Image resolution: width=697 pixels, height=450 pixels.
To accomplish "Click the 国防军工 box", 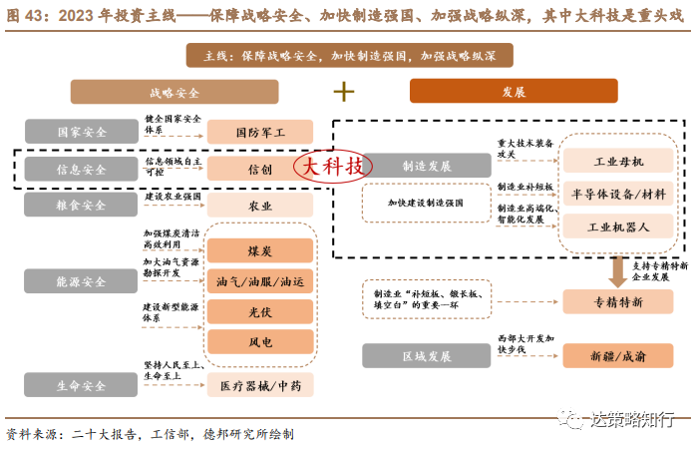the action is [x=259, y=132].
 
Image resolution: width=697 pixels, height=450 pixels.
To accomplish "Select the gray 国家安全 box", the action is [x=83, y=132].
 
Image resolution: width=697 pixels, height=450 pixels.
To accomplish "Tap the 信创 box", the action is [x=259, y=169].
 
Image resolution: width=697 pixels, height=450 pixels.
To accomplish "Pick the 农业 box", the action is [x=259, y=206].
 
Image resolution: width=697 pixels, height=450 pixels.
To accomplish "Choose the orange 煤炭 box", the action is [x=260, y=250].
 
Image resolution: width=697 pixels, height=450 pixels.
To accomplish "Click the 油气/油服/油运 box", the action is [x=260, y=282].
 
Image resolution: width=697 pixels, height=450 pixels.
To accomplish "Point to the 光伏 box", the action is [x=260, y=313].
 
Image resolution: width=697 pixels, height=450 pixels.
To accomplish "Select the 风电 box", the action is [x=260, y=344].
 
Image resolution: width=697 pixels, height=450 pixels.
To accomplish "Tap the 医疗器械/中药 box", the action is [x=259, y=385].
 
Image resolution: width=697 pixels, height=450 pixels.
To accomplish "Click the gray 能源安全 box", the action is [x=83, y=282].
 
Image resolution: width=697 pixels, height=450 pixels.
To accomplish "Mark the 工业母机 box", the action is [x=618, y=161].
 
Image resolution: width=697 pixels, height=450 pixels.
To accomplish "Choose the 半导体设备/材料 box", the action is [x=618, y=194].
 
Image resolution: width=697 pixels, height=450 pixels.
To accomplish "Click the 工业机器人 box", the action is [x=618, y=226].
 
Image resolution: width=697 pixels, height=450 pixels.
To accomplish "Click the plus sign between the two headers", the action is [x=344, y=92].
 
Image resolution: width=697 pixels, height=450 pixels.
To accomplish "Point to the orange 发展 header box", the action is [x=515, y=92].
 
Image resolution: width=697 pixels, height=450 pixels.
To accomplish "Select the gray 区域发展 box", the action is [x=428, y=355].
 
